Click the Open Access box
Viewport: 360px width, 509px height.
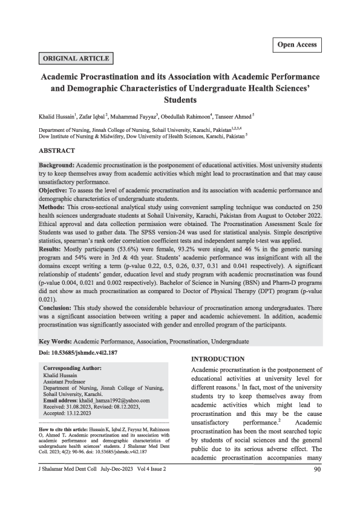point(297,45)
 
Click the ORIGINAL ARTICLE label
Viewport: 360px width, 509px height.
point(76,59)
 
